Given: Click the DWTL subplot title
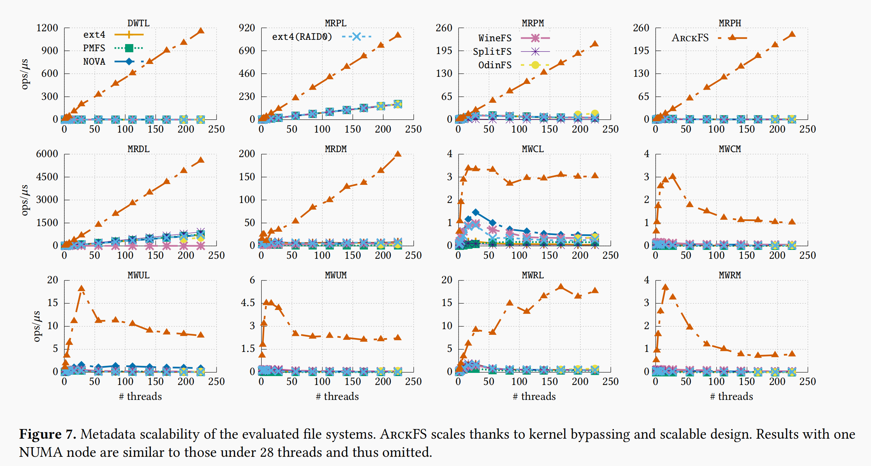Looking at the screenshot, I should (138, 23).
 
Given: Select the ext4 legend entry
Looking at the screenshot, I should (94, 34).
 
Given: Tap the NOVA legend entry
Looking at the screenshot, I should (94, 61).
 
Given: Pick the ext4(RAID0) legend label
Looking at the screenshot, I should (302, 37).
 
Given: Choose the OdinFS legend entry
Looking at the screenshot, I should (495, 65).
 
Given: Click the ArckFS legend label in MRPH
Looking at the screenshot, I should (690, 38).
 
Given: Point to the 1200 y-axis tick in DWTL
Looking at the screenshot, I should (47, 28).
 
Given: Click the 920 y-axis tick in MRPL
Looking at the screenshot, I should (247, 28).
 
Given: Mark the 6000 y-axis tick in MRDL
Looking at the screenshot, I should (47, 154).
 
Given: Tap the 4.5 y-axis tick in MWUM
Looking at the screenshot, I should (248, 303).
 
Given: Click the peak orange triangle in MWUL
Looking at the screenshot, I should (81, 289).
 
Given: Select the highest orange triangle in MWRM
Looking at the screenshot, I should (665, 287).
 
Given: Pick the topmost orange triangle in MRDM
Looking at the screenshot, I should (398, 154).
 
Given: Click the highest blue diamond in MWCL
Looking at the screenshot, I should (476, 213).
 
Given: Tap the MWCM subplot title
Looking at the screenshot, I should (730, 149).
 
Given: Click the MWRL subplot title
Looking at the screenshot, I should (533, 275).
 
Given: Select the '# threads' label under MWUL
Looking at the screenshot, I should (140, 396).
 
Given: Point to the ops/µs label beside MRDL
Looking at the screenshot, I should (24, 200).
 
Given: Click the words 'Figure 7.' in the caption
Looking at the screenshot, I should (47, 434).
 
